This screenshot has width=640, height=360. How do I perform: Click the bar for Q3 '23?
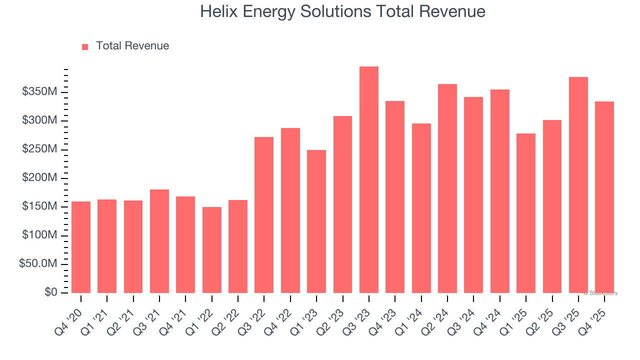[x=369, y=180]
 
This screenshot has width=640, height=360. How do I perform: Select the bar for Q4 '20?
[x=81, y=247]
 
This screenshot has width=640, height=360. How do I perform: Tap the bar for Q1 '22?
[x=212, y=250]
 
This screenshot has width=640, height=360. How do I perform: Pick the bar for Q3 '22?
[x=264, y=215]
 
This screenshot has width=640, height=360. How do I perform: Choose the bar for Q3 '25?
[x=578, y=185]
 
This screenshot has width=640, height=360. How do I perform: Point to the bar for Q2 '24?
[x=447, y=188]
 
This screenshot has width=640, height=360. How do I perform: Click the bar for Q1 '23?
[x=316, y=221]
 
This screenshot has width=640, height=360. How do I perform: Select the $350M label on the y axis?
[x=39, y=92]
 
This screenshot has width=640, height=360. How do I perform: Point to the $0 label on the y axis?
[x=50, y=292]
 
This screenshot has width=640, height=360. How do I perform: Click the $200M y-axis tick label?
[x=39, y=178]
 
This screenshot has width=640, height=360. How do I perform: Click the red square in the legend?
[x=85, y=46]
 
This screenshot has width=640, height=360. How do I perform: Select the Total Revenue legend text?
[x=132, y=46]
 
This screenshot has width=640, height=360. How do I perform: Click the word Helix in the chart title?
[x=216, y=11]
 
